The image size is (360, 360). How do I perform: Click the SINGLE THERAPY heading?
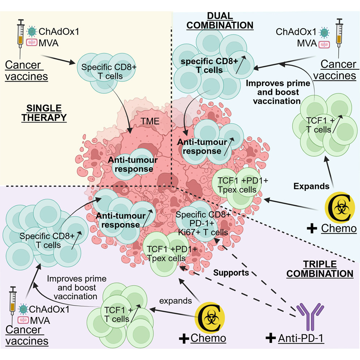point(44,113)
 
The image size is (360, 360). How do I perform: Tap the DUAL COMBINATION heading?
point(220,21)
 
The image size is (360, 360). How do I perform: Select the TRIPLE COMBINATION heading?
point(320,269)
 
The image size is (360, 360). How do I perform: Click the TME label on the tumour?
point(150,121)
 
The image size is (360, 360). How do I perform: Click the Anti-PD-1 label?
point(301,338)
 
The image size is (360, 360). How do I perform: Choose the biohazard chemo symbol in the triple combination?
point(210,317)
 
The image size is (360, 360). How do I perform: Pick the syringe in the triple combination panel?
point(13,305)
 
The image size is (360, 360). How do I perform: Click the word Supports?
point(231,273)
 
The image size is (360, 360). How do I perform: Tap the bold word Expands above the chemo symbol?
point(311,186)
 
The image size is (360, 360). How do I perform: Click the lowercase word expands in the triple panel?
point(175,301)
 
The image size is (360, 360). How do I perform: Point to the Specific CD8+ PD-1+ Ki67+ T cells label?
point(203,223)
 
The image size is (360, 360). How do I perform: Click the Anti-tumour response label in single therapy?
point(133,164)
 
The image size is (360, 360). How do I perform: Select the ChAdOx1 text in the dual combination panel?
point(296,32)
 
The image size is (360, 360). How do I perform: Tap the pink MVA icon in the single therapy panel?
point(32,43)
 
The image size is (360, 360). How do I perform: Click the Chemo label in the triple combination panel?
point(208,338)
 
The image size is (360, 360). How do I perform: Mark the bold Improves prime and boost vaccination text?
point(278,92)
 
